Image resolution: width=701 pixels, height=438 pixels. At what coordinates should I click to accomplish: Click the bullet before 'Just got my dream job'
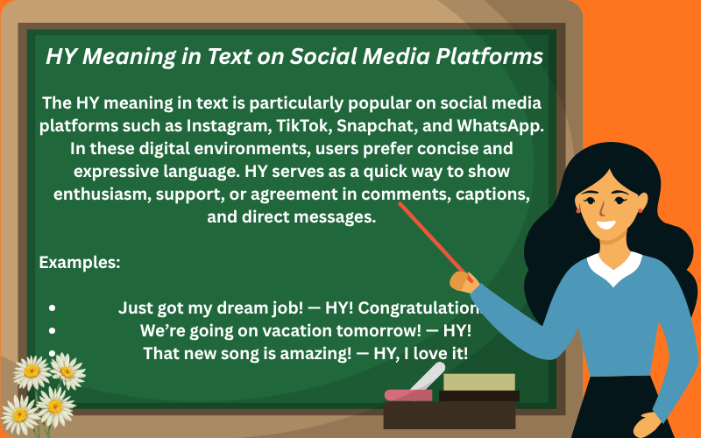(53, 308)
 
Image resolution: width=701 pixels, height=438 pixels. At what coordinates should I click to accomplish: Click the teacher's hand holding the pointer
(462, 280)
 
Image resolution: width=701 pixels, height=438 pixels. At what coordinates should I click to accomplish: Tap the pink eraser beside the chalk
(407, 395)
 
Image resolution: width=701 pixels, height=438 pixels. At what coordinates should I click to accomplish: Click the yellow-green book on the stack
(478, 382)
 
